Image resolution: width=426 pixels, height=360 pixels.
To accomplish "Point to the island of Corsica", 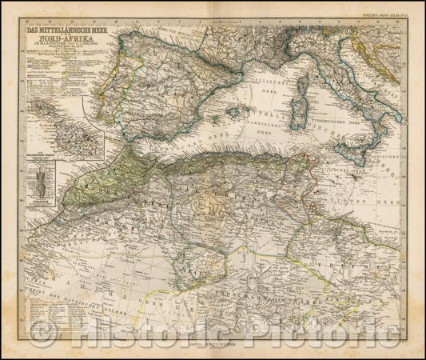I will tap(306, 66).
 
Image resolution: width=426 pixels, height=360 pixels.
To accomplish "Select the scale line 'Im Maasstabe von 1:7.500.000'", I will tap(71, 51).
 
